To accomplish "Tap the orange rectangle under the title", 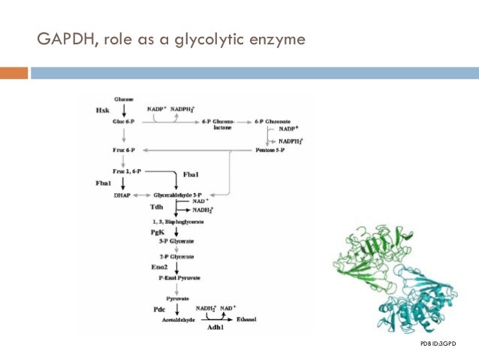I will pyautogui.click(x=14, y=73).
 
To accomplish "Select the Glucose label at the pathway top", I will pyautogui.click(x=124, y=99).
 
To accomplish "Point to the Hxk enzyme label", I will pyautogui.click(x=102, y=110).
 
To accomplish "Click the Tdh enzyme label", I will pyautogui.click(x=155, y=207).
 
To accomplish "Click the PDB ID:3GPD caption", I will pyautogui.click(x=438, y=343).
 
